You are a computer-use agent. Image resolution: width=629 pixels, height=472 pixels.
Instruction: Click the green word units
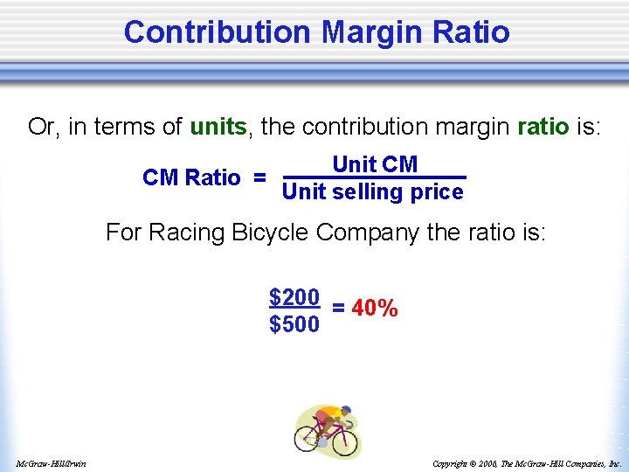point(218,127)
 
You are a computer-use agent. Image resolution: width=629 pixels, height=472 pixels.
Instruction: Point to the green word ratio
point(543,127)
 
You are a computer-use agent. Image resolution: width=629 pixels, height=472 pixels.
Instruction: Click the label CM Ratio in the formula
point(191,177)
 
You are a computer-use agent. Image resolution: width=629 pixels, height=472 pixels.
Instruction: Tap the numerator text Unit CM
point(375,164)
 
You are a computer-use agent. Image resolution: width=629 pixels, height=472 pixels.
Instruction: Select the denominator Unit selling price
point(373,191)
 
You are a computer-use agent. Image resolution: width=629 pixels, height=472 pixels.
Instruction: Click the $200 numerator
point(294,297)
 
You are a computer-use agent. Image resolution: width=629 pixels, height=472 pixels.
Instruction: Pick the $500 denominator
point(294,325)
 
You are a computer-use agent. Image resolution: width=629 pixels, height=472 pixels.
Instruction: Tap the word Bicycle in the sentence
point(270,233)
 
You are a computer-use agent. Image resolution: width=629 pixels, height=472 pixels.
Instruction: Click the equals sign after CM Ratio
point(259,177)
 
